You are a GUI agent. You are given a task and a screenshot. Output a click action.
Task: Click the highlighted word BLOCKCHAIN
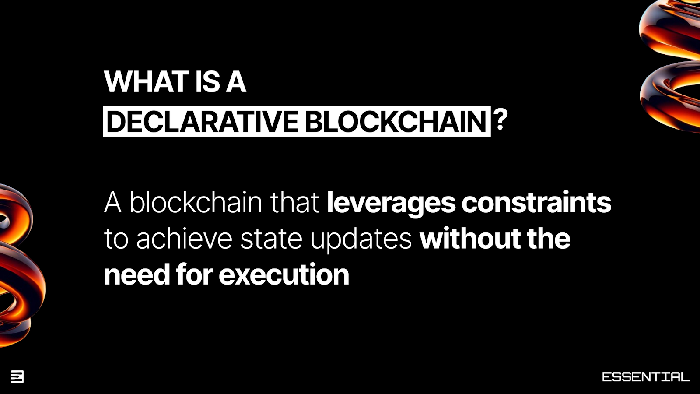click(395, 121)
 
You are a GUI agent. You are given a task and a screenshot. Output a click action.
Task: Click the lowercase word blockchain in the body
click(196, 202)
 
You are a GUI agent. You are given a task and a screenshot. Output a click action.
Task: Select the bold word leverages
click(391, 203)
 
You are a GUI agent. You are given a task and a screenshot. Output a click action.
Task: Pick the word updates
click(361, 240)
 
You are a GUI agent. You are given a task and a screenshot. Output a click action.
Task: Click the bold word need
click(136, 275)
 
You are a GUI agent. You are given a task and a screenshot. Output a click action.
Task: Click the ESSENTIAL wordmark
click(645, 376)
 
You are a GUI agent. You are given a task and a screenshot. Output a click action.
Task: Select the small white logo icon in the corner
click(17, 376)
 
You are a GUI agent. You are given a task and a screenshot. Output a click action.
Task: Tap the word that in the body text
click(294, 202)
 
